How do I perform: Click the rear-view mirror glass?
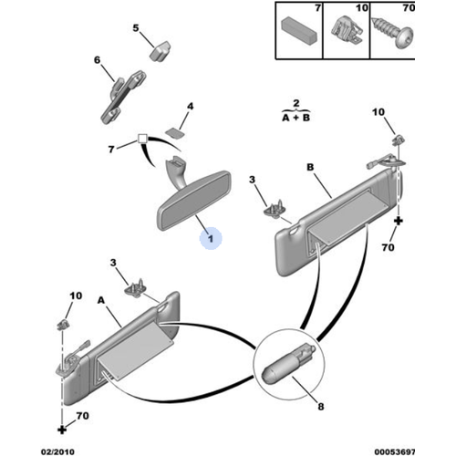[x=194, y=202]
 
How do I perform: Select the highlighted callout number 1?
[x=211, y=238]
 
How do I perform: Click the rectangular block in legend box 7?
[x=299, y=30]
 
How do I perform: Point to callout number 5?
[x=136, y=28]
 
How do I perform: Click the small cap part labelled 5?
[x=160, y=50]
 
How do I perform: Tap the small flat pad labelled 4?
[x=174, y=133]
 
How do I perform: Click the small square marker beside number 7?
[x=142, y=139]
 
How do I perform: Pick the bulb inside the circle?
[x=288, y=363]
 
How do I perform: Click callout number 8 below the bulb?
[x=321, y=406]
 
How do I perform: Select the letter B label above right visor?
[x=310, y=167]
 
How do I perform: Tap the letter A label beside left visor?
[x=101, y=301]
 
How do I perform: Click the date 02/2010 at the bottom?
[x=57, y=451]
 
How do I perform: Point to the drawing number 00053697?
[x=395, y=451]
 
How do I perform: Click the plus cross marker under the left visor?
[x=62, y=430]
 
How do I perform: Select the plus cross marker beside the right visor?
[x=398, y=221]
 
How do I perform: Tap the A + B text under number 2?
[x=296, y=118]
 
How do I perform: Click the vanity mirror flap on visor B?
[x=349, y=215]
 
